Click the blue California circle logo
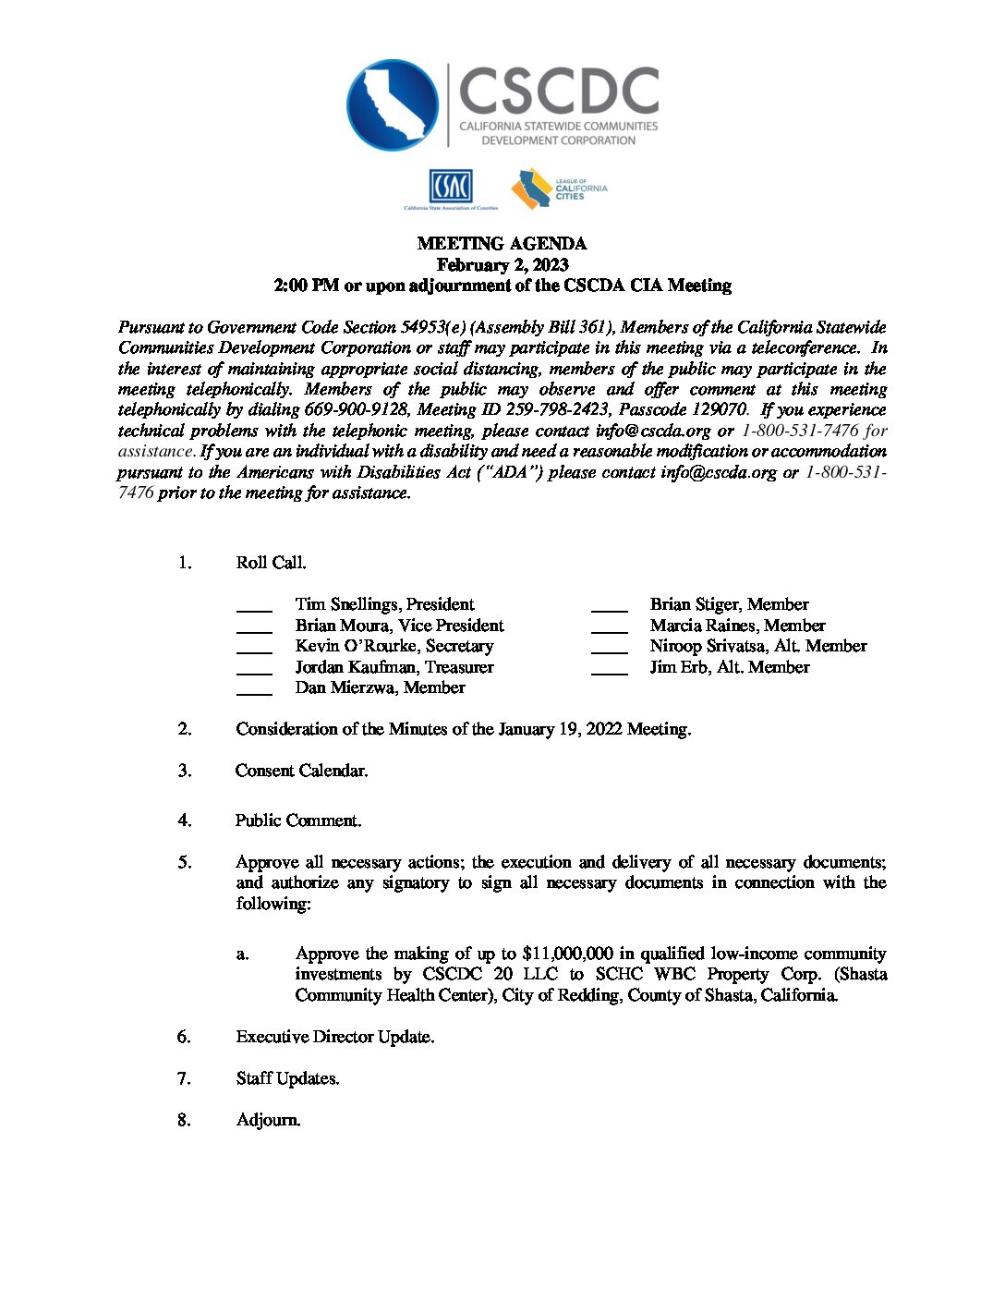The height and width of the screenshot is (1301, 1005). click(x=393, y=104)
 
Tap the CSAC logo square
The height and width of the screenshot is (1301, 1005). click(x=450, y=187)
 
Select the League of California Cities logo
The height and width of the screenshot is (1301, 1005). click(x=559, y=188)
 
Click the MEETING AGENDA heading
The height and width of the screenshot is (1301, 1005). click(x=502, y=244)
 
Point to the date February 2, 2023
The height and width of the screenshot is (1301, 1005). click(x=502, y=265)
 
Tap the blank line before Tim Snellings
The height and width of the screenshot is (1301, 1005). click(x=254, y=607)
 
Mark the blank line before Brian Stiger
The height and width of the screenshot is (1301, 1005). click(x=609, y=607)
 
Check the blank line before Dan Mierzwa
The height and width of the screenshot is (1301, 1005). click(x=254, y=690)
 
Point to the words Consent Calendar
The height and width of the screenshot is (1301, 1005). click(x=301, y=771)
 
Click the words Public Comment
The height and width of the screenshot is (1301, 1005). click(x=298, y=821)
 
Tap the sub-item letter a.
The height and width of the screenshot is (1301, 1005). click(x=242, y=954)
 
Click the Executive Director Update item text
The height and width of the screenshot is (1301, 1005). click(x=334, y=1037)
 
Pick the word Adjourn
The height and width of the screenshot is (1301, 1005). click(x=268, y=1120)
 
